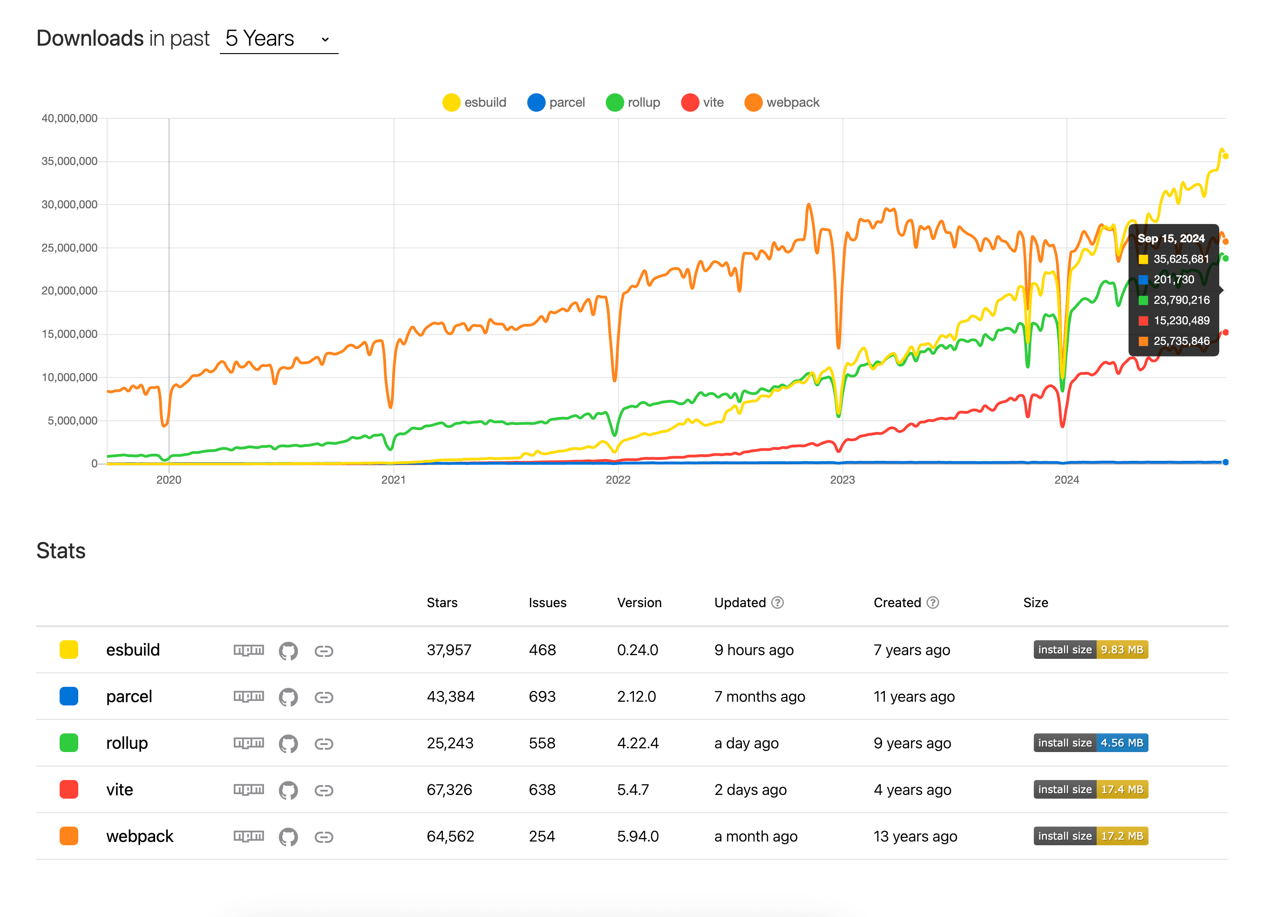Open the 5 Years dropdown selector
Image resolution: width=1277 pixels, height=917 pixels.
(x=278, y=39)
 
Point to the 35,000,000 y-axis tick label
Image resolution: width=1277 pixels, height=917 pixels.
(x=69, y=161)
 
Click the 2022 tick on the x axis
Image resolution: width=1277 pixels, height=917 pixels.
(x=618, y=479)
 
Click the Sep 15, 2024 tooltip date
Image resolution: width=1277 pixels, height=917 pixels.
(x=1171, y=238)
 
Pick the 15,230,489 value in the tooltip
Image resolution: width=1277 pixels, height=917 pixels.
(x=1181, y=321)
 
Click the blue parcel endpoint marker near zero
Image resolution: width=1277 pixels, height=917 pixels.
(x=1225, y=462)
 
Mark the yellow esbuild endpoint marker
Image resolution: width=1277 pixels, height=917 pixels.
(x=1225, y=157)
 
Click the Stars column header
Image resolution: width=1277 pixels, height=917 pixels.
(x=442, y=602)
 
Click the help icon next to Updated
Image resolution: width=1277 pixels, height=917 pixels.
(x=778, y=602)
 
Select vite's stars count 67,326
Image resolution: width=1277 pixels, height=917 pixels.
(x=449, y=790)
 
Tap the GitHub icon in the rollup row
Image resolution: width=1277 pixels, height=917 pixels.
(x=288, y=744)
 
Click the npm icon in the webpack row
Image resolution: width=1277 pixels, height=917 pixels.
(x=248, y=836)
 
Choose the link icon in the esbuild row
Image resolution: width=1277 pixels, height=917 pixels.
(x=324, y=650)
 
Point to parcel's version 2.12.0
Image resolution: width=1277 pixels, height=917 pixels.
(x=636, y=697)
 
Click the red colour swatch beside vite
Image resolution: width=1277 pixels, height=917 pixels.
(x=68, y=790)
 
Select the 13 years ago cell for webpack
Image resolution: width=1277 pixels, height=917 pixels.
(x=915, y=836)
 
